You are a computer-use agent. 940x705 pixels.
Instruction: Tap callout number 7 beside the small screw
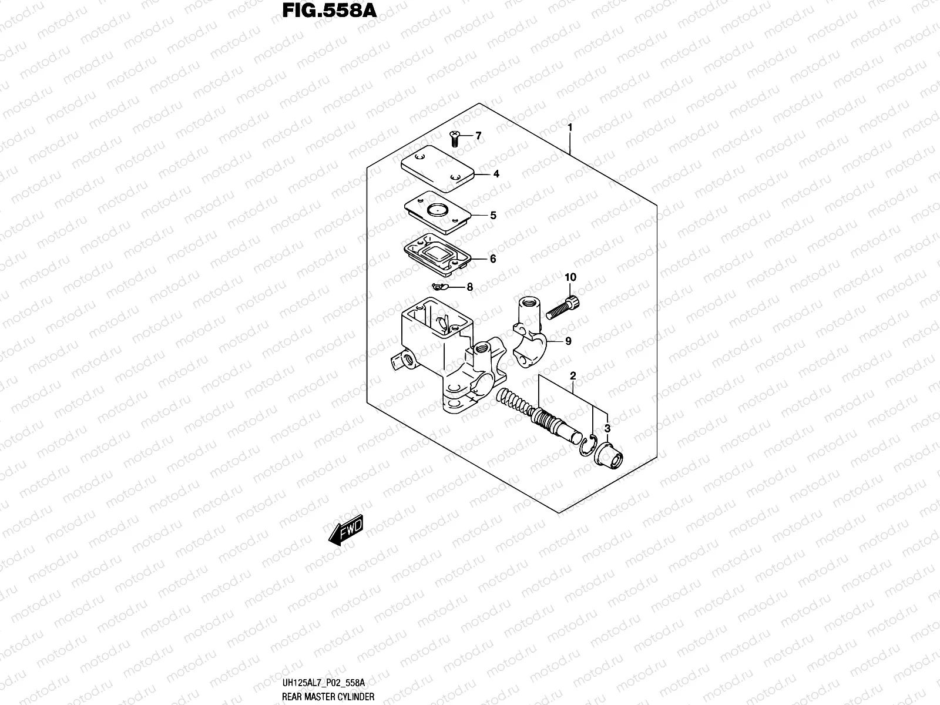478,136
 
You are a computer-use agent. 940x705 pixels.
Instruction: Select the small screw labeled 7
454,139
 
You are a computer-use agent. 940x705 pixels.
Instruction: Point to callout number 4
496,174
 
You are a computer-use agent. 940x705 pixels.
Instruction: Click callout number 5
493,216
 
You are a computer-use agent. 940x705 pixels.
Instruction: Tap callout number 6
493,258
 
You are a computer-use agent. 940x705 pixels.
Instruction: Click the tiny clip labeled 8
439,287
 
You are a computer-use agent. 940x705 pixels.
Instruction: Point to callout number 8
469,287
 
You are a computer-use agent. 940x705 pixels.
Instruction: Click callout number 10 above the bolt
570,277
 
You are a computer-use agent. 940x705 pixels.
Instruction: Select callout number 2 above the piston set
573,376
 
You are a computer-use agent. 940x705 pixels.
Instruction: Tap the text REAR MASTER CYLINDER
328,696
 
